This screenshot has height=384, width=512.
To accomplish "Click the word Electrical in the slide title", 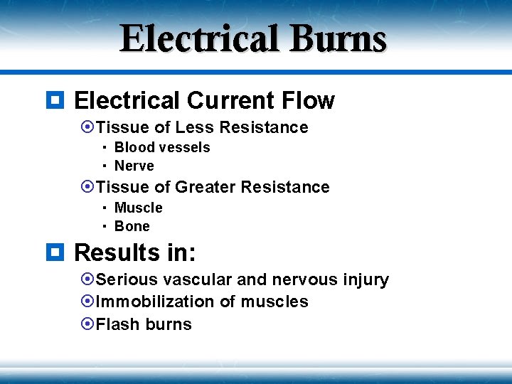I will click(x=200, y=39).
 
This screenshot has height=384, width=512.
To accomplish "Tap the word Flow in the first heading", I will click(x=309, y=101).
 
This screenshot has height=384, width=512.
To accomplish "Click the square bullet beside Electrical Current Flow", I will click(x=58, y=100).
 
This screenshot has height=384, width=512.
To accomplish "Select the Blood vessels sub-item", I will click(x=162, y=147).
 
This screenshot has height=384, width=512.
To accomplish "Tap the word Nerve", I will click(x=134, y=166).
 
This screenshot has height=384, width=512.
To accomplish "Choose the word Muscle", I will click(x=139, y=208).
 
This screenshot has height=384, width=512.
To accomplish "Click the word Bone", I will click(x=132, y=226).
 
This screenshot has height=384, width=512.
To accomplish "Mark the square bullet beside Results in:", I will click(x=58, y=252).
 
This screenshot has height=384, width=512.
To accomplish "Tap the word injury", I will click(x=365, y=280).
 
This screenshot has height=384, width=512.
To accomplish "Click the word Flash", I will click(x=117, y=324).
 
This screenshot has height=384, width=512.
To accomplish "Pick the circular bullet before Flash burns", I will click(x=87, y=324).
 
